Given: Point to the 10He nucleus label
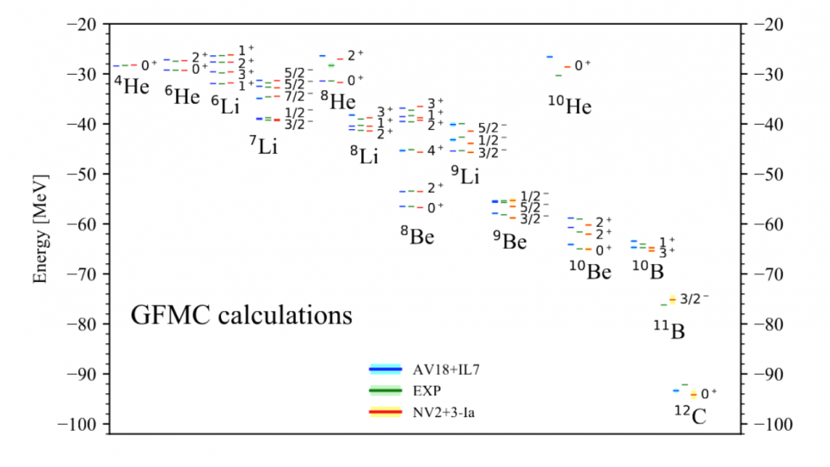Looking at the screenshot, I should [x=569, y=107].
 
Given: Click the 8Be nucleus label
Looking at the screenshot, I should [x=416, y=236].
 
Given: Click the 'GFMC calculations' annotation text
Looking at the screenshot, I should [x=241, y=315].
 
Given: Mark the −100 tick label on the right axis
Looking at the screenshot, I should [x=773, y=424].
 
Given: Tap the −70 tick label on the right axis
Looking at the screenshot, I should [x=769, y=274].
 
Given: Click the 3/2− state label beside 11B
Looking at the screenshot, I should [x=694, y=299].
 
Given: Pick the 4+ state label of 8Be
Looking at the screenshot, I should [x=436, y=150].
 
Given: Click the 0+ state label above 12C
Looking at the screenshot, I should [x=709, y=394].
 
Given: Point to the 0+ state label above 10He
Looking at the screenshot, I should [x=582, y=65].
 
